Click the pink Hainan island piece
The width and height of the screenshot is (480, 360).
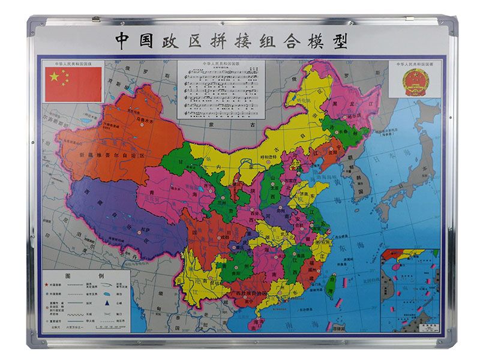tap(256, 322)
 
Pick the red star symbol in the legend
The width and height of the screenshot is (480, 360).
tap(47, 284)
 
